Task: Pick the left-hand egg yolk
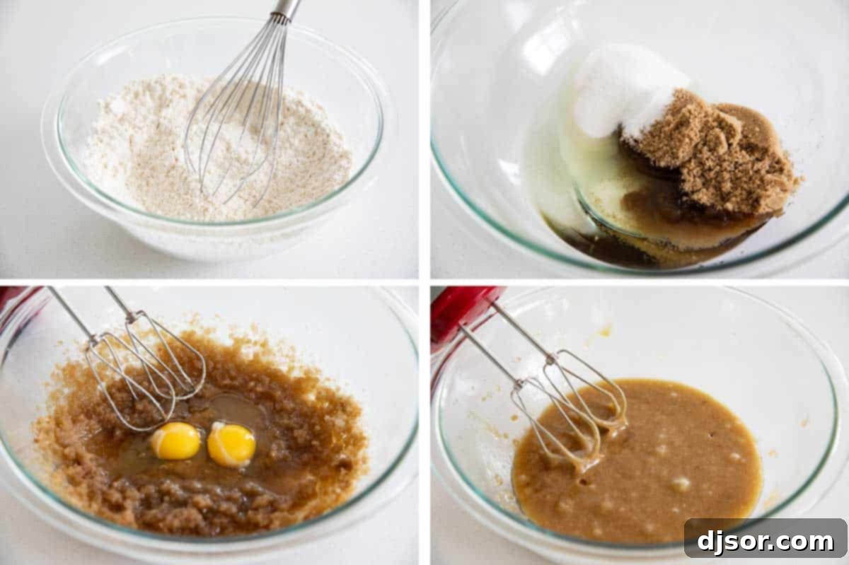click(x=175, y=441)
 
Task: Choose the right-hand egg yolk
click(x=231, y=445)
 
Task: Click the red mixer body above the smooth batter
click(x=460, y=311)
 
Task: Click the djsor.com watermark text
click(x=766, y=542)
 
